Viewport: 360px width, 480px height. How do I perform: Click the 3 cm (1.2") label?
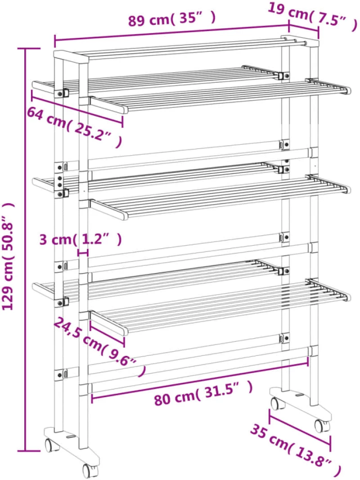click(81, 239)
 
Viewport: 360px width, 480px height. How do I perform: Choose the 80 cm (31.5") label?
click(203, 394)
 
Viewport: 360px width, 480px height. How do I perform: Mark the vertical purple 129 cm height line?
click(26, 250)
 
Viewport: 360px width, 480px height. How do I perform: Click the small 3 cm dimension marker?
click(83, 253)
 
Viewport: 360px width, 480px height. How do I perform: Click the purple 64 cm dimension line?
click(77, 110)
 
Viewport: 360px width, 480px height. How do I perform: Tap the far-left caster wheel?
click(51, 444)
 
